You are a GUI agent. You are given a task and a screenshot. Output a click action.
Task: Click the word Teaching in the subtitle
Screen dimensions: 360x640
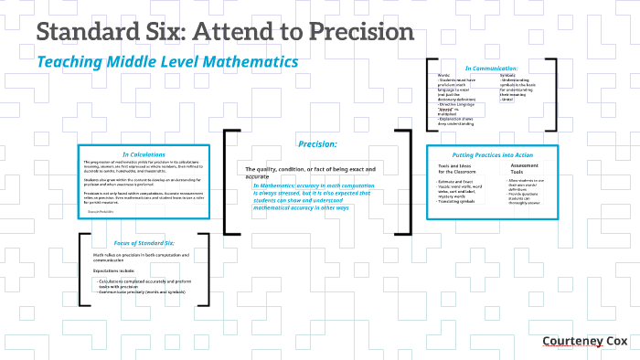[x=71, y=62]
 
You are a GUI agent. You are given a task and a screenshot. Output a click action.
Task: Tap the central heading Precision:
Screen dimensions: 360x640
[x=318, y=144]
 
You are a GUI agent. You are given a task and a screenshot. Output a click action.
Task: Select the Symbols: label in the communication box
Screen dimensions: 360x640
[x=507, y=75]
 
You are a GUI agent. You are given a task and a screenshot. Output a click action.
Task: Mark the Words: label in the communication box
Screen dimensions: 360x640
[x=443, y=75]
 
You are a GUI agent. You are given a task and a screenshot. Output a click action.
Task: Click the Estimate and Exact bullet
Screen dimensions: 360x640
[x=456, y=183]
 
